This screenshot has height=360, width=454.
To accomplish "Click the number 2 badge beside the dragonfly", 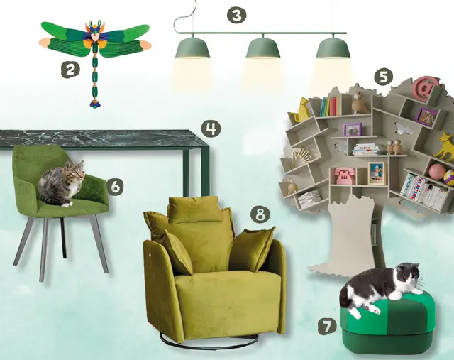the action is coord(70,70).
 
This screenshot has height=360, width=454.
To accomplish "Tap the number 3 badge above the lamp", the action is coord(236,15).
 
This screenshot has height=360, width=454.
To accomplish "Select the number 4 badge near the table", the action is coord(211,129).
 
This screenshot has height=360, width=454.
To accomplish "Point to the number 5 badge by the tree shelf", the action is coord(383,77).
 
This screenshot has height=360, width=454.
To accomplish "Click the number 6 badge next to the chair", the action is coord(115,187).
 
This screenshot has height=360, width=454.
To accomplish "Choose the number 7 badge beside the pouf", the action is coord(327,327).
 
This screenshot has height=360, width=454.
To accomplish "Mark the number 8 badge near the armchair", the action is coord(260,214).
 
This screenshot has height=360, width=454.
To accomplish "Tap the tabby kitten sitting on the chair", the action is coord(62,183).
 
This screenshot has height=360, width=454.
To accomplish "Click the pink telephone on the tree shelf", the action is coord(344,175).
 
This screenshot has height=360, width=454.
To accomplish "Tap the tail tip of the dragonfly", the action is coord(94,104).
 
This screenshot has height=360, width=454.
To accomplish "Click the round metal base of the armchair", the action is coord(209,340).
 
